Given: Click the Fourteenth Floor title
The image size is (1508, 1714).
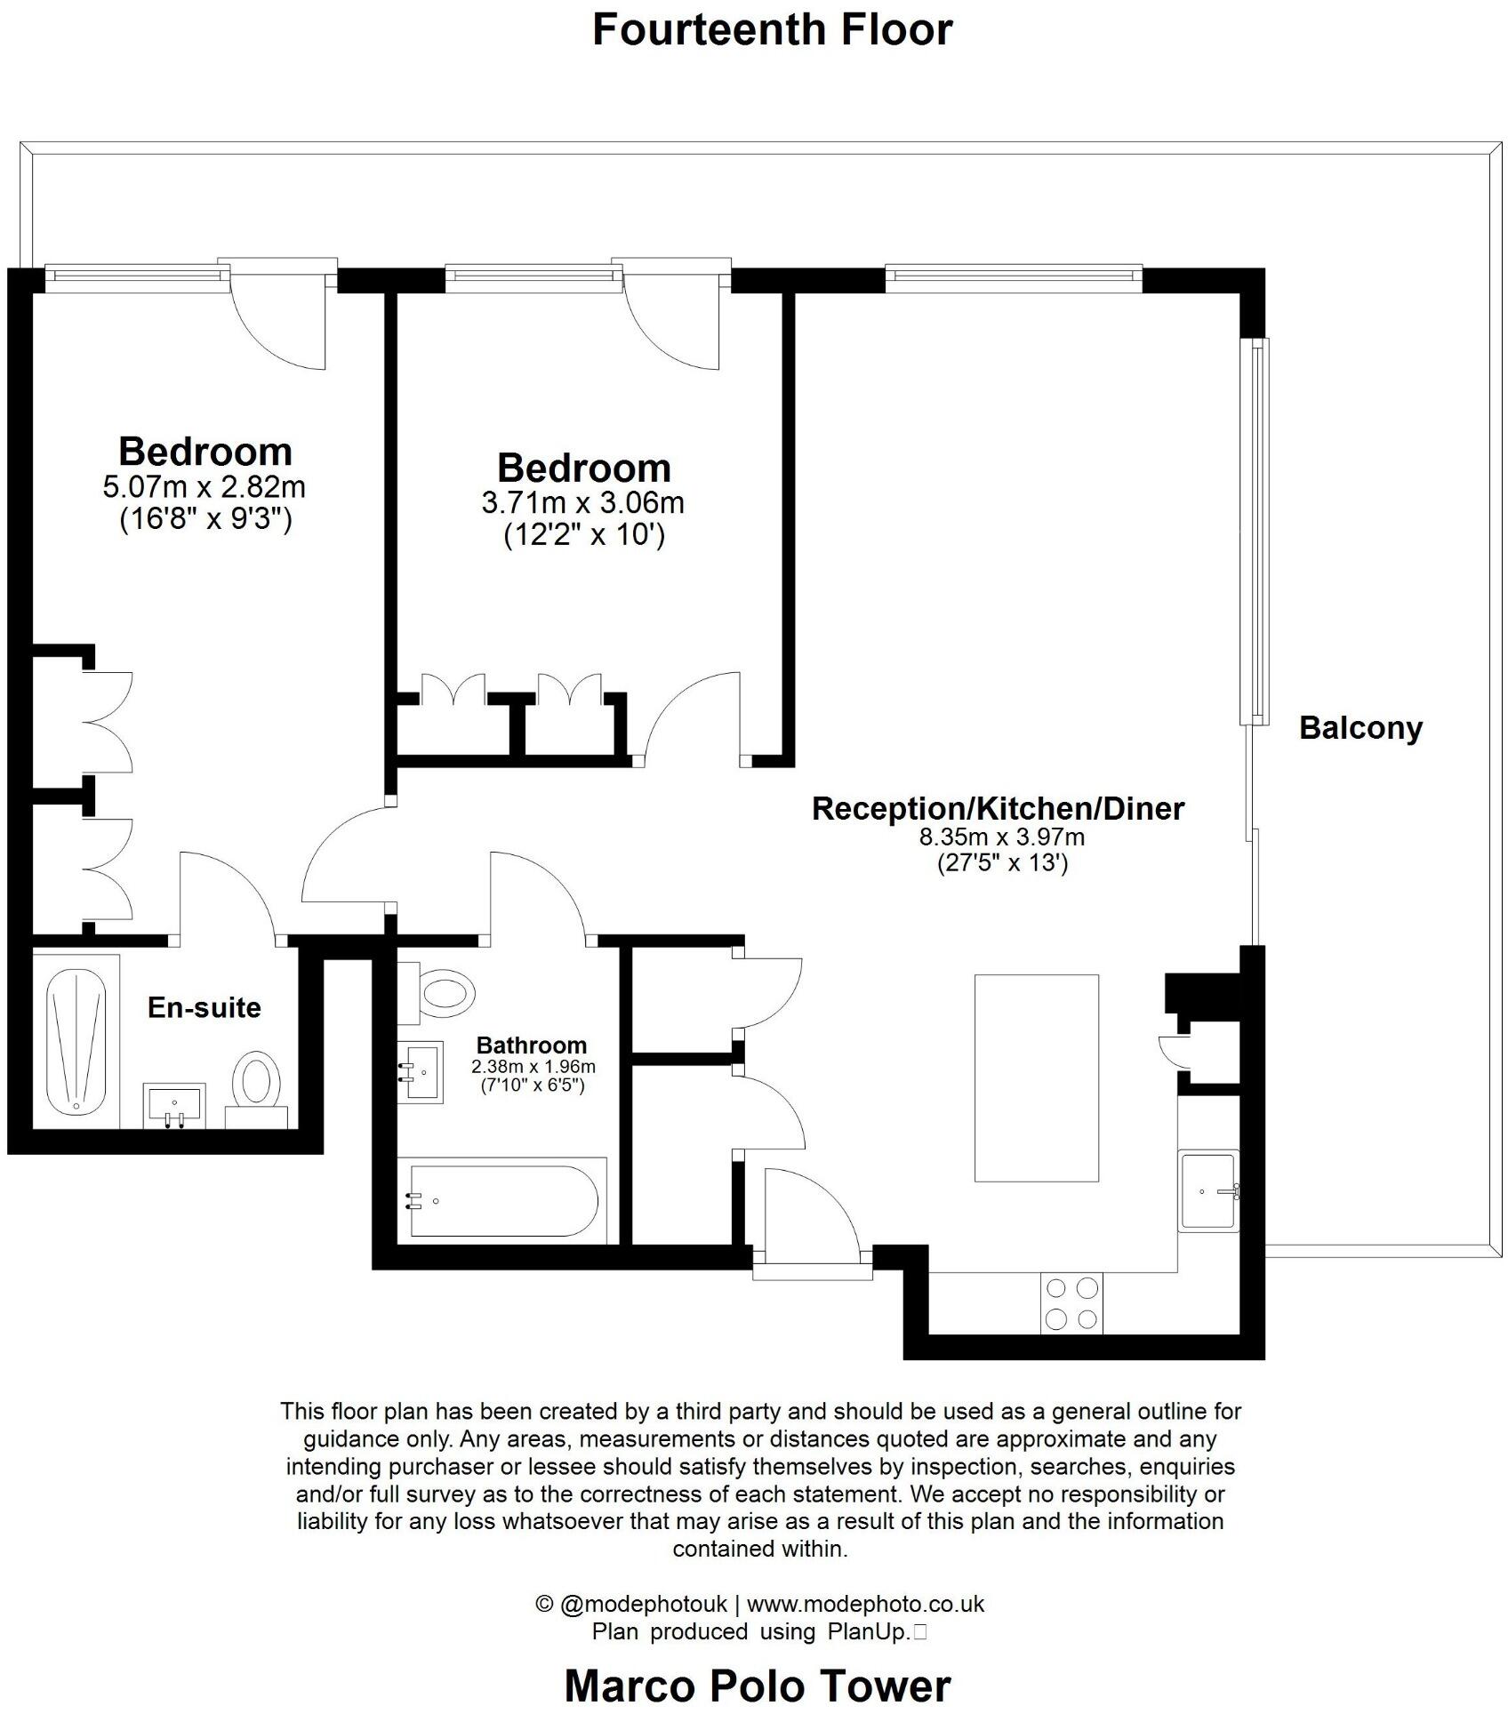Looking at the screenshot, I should point(772,30).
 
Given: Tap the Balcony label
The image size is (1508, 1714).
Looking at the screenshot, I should point(1360,728).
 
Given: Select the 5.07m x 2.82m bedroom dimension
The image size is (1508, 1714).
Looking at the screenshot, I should point(205,487).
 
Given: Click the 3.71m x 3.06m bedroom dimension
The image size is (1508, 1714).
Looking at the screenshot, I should point(582,503).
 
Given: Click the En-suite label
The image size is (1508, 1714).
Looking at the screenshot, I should point(205,1007).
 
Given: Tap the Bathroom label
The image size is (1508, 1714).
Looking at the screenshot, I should point(532,1045).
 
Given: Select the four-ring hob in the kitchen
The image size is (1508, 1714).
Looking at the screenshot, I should point(1071,1302).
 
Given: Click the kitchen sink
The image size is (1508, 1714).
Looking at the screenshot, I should point(1207,1190).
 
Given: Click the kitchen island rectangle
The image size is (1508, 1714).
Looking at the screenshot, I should point(1036,1077).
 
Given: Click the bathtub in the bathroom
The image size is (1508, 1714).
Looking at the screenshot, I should point(502,1200).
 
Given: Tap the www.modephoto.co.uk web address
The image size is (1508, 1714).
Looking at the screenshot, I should point(864,1604).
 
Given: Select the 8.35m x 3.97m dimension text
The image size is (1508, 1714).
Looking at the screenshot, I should point(1001,837).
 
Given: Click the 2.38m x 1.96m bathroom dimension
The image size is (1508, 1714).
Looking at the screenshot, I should point(533,1066).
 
